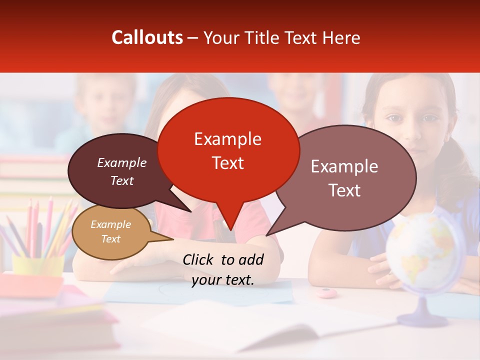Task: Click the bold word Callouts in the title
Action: (x=147, y=37)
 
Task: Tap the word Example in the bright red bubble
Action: (x=227, y=139)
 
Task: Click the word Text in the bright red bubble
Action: (x=227, y=163)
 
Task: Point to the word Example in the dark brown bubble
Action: (x=121, y=163)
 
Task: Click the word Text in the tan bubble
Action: (x=110, y=239)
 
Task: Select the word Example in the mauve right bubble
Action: (x=344, y=166)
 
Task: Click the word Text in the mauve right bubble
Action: (x=344, y=190)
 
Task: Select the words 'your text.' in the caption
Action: (x=223, y=280)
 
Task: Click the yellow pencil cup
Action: (x=38, y=264)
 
